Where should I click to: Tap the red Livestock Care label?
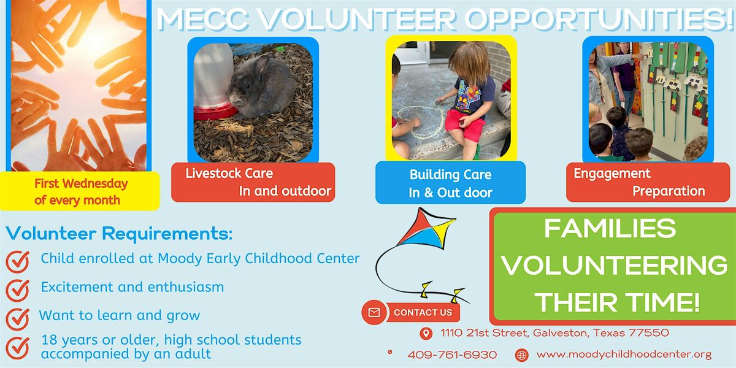pos(253,182)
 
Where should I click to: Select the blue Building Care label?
pos(450,183)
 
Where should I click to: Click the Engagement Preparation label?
pos(639,182)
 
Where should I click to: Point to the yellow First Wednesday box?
pos(80,191)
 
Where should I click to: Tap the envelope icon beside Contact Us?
pos(374,313)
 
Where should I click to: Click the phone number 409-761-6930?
pos(452,355)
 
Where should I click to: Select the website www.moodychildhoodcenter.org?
pos(624,354)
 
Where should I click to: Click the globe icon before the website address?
pos(521,355)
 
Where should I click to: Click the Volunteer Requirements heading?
pos(120,233)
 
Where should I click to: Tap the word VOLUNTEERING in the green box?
pos(614,266)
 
